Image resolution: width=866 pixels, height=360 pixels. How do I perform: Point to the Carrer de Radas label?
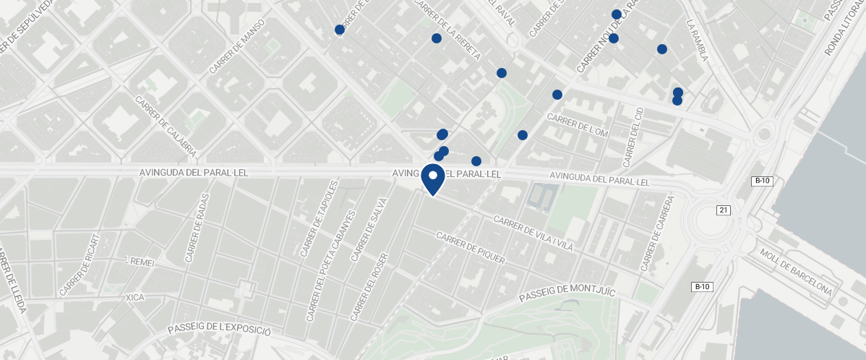click(197, 227)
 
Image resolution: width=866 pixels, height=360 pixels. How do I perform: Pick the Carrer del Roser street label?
click(369, 287)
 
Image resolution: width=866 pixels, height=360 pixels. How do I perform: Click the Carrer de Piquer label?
click(470, 248)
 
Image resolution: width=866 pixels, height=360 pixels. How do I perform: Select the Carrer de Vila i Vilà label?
click(533, 232)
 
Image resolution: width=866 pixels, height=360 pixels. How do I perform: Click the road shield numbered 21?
click(722, 210)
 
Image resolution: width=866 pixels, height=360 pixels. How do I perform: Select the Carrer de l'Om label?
click(578, 124)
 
